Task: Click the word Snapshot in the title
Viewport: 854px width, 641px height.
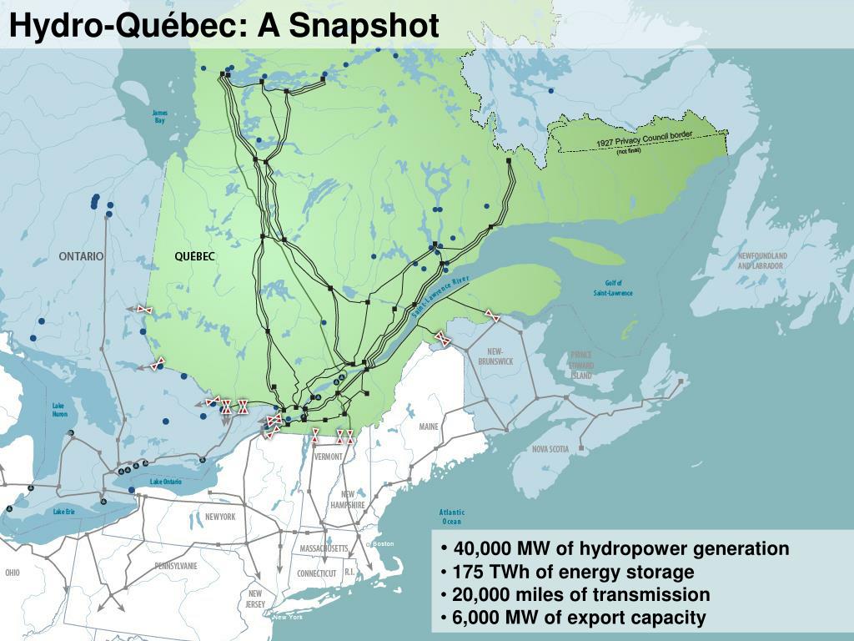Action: (364, 25)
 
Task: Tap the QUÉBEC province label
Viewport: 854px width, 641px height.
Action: (194, 256)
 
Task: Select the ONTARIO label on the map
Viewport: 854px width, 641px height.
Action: (81, 256)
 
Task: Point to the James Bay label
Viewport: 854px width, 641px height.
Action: (159, 117)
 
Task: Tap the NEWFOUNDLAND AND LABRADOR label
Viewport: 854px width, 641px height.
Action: (761, 260)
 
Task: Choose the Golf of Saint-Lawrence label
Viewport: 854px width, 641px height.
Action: (613, 288)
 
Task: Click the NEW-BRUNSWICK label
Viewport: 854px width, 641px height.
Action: (495, 356)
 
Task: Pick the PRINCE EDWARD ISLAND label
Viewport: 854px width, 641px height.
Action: (581, 365)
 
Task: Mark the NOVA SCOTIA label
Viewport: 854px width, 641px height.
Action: (550, 449)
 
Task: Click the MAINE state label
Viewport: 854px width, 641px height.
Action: (429, 426)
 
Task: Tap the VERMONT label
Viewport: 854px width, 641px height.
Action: (329, 457)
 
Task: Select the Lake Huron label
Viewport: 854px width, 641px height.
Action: (59, 410)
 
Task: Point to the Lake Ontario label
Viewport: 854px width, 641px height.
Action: (165, 482)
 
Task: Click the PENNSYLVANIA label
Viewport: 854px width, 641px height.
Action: (176, 565)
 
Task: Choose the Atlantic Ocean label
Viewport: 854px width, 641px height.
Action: (451, 517)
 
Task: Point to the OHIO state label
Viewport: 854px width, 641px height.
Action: (12, 573)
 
